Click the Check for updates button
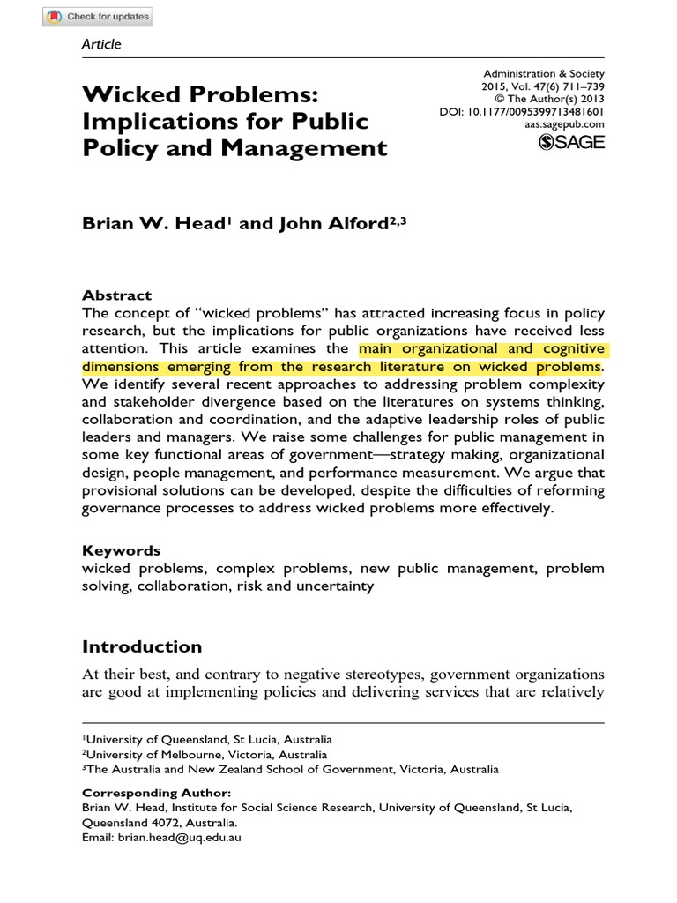pyautogui.click(x=98, y=17)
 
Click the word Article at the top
pyautogui.click(x=101, y=44)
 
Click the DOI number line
pyautogui.click(x=522, y=113)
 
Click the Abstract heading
pyautogui.click(x=116, y=295)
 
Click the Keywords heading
pyautogui.click(x=122, y=550)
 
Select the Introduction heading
pyautogui.click(x=142, y=646)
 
